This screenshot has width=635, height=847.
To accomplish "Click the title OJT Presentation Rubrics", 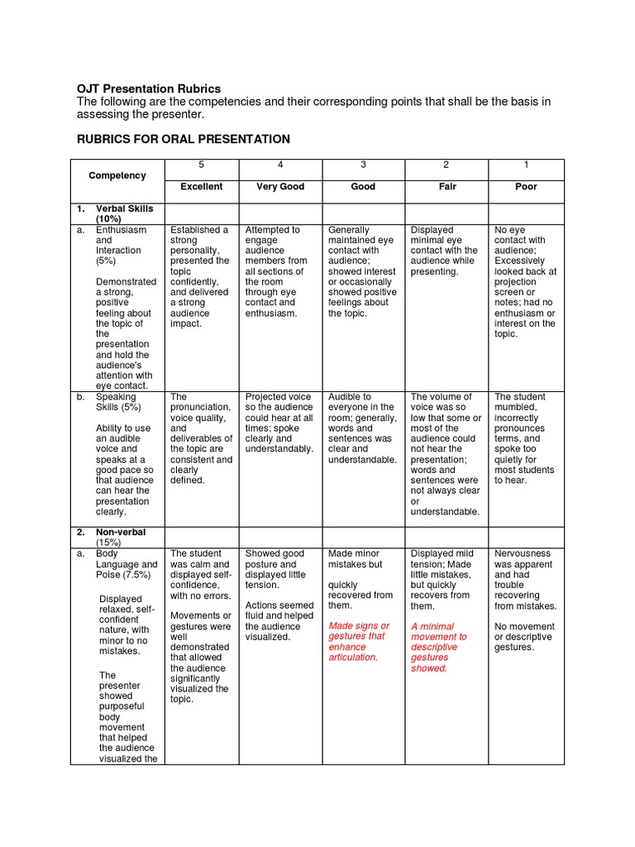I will (149, 89).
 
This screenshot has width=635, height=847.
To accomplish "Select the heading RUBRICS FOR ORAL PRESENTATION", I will (184, 139).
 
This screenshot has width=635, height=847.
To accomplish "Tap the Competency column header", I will (117, 175).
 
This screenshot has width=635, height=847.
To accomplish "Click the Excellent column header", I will (202, 187).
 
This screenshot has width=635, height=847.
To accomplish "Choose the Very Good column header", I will (280, 187).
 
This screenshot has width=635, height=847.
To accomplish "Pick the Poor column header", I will (526, 187).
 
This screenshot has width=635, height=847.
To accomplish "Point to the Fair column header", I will (447, 187).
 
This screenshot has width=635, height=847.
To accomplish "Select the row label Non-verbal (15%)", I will (121, 537).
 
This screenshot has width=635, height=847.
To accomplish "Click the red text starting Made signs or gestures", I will (359, 641).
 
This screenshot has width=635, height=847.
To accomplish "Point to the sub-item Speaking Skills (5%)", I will (118, 402).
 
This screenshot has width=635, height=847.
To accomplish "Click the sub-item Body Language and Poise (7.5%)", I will (126, 564).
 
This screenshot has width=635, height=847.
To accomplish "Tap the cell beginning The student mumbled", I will (525, 438).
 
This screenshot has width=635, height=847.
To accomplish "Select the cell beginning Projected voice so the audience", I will (279, 423).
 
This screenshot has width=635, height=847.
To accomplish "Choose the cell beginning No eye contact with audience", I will (525, 281).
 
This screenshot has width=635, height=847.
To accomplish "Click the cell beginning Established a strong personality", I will (200, 276).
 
